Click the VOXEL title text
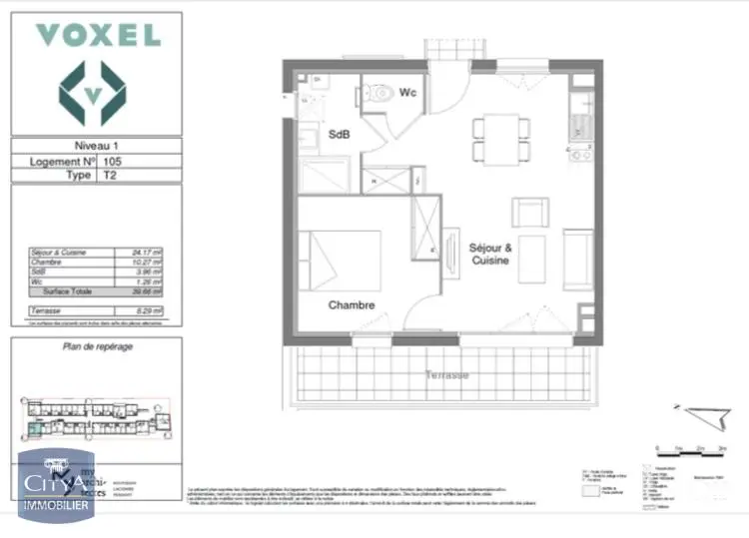97,35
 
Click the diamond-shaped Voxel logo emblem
92,93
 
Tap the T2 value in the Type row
110,175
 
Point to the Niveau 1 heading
95,145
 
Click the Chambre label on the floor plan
352,305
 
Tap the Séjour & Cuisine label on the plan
490,254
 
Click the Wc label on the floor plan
407,93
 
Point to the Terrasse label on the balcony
445,374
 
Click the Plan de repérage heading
98,346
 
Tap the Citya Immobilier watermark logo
58,486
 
